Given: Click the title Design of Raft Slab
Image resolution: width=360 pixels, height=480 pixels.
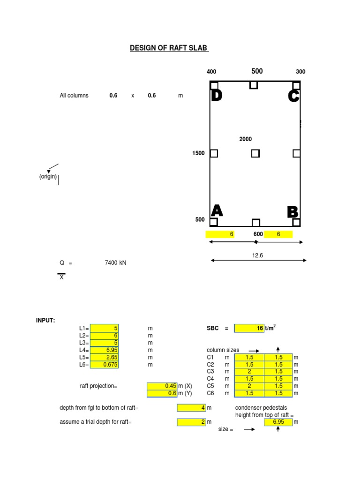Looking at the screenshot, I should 169,48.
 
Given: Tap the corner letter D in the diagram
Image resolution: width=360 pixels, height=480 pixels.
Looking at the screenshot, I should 216,96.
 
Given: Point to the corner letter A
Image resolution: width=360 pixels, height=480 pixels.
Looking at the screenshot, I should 217,210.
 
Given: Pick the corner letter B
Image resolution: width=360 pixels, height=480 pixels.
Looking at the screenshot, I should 293,211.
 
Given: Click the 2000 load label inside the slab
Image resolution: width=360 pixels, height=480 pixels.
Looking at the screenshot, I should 246,139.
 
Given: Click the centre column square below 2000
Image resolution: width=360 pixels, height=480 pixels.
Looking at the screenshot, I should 255,153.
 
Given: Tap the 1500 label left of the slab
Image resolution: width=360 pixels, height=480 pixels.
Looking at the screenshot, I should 198,153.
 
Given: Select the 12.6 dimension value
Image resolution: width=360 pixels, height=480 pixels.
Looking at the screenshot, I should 257,255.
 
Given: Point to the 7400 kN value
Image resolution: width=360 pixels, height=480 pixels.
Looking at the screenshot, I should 115,263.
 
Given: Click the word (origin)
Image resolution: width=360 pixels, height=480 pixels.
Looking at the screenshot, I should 48,177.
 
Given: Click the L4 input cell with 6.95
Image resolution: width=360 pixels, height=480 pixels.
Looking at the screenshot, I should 104,350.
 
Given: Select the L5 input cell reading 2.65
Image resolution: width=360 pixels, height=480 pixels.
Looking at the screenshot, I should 104,357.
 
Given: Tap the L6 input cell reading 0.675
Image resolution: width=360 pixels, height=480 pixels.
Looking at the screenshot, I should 104,364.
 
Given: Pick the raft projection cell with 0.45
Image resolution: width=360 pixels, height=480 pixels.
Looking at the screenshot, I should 162,386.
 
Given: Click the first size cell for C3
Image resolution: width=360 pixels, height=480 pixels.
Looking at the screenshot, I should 249,371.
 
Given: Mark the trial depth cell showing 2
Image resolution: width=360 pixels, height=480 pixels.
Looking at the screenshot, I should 191,422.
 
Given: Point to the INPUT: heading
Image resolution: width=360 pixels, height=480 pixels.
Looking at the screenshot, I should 45,321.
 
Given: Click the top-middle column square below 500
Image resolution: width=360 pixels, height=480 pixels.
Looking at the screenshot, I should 254,85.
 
